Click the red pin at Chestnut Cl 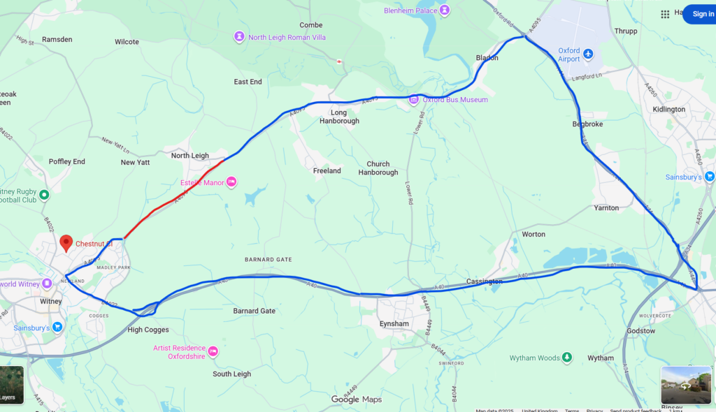(x=66, y=242)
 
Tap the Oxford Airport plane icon (x=588, y=54)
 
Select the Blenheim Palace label (x=410, y=10)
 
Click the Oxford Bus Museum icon (x=414, y=100)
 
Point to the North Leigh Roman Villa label (x=287, y=37)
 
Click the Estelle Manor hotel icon (x=231, y=182)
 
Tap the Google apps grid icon (x=665, y=14)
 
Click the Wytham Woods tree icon (x=567, y=358)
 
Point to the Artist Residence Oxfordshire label (x=179, y=352)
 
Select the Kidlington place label (x=668, y=109)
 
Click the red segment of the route (x=175, y=199)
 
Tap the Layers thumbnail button (x=11, y=385)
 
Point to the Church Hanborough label (x=378, y=168)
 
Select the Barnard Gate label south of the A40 (x=254, y=311)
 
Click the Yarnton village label (x=606, y=208)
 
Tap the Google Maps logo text (x=357, y=399)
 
